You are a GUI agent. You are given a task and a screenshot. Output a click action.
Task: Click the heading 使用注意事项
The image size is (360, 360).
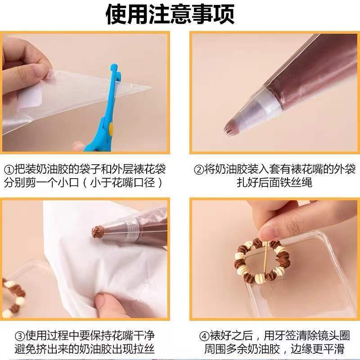pos(170,14)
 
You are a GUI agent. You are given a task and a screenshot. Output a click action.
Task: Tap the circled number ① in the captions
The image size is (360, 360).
pos(9,170)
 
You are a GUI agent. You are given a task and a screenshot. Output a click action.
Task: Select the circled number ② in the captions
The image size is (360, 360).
pos(199,170)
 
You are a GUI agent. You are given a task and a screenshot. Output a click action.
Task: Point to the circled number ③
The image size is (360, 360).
pos(20,336)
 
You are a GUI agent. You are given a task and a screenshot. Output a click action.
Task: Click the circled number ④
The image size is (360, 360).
pos(204,336)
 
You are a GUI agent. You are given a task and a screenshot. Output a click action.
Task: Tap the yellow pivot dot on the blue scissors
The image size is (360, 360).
pos(111,129)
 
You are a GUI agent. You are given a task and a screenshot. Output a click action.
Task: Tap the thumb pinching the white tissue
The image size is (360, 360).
pos(108,304)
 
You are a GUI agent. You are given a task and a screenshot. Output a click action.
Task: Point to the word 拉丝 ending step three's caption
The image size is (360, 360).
pos(144,349)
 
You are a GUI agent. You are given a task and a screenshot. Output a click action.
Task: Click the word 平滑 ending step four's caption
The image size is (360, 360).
pos(333,349)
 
